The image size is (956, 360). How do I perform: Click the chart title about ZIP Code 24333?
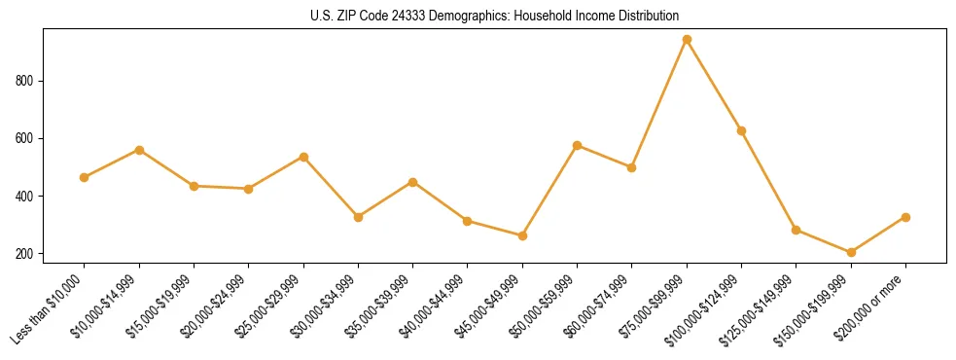[x=494, y=17]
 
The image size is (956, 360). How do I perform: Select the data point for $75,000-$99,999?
[x=687, y=40]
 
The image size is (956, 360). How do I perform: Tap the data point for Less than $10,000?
[x=85, y=177]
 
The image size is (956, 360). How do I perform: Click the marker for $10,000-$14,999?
[x=139, y=150]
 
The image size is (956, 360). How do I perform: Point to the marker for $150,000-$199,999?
[x=851, y=252]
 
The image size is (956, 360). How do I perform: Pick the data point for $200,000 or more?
[x=905, y=217]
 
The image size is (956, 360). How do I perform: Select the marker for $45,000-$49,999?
[x=522, y=235]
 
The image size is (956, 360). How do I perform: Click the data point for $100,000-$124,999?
[x=741, y=130]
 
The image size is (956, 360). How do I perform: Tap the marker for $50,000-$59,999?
[x=578, y=145]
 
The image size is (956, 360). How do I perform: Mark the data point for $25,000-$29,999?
[x=303, y=157]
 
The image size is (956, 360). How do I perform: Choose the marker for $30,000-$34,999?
[x=358, y=217]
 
